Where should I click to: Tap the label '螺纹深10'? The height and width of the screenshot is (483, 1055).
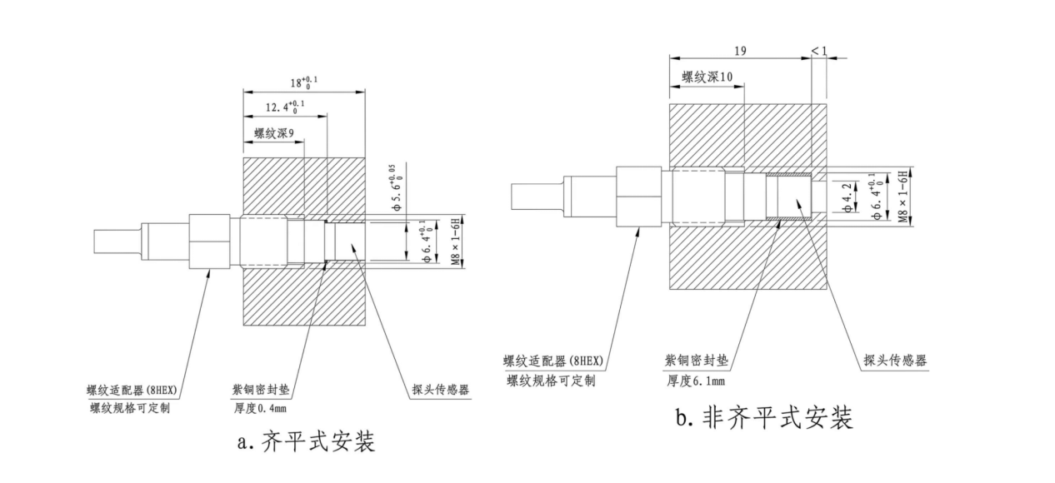pyautogui.click(x=707, y=77)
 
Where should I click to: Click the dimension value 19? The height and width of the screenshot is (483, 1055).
pyautogui.click(x=740, y=51)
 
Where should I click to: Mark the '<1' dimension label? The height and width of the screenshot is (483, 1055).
pyautogui.click(x=819, y=51)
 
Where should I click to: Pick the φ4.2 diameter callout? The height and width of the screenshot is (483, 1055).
pyautogui.click(x=847, y=197)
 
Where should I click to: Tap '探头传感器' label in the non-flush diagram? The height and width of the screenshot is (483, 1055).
pyautogui.click(x=894, y=360)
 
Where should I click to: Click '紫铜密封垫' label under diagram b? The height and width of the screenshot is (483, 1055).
pyautogui.click(x=696, y=361)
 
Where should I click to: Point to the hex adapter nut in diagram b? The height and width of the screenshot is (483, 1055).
pyautogui.click(x=637, y=197)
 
